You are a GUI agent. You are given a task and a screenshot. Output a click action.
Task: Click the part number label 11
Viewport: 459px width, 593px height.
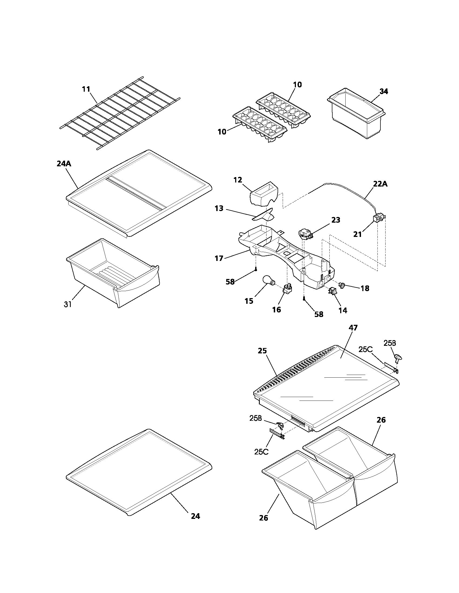click(x=86, y=89)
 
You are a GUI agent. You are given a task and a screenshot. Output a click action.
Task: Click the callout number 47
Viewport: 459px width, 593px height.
click(x=353, y=328)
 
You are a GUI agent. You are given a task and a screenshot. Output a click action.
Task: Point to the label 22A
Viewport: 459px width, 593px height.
click(x=380, y=184)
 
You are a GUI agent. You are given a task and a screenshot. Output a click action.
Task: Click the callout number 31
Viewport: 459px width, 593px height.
click(x=68, y=304)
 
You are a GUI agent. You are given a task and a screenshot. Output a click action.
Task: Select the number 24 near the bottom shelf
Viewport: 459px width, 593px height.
click(x=195, y=516)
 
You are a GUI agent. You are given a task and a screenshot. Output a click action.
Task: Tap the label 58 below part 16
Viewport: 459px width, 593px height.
click(x=319, y=314)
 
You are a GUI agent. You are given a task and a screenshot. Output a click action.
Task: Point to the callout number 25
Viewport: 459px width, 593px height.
click(x=262, y=351)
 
